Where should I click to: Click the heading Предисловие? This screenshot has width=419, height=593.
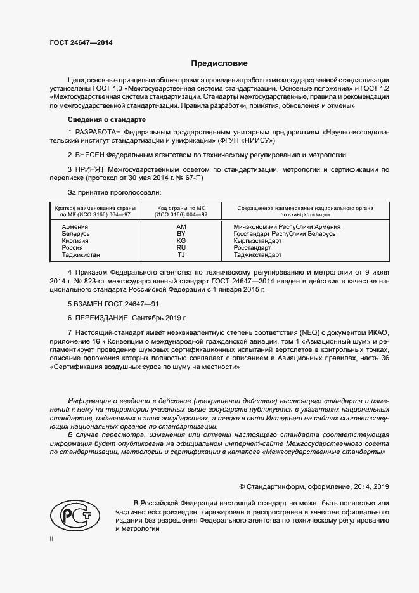[x=219, y=63]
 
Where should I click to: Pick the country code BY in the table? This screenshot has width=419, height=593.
[x=181, y=234]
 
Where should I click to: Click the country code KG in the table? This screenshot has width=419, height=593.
[x=181, y=241]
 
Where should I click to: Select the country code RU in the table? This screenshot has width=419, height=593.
[x=181, y=248]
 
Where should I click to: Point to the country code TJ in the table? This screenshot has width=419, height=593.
[x=181, y=255]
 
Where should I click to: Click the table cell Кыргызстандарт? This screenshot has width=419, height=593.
[x=257, y=241]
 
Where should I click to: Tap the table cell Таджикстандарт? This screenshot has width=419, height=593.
[x=257, y=255]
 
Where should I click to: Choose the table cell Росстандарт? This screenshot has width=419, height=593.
[x=252, y=248]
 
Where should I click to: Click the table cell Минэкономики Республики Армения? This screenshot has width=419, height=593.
[x=287, y=226]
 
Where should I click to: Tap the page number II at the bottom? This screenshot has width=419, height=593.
[x=52, y=538]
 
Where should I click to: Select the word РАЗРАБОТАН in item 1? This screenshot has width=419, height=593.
[x=100, y=133]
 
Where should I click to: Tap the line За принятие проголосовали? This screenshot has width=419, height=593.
[x=114, y=191]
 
